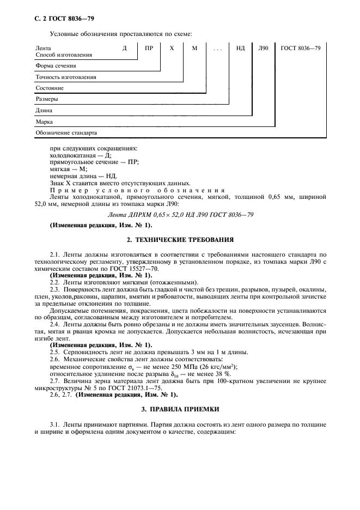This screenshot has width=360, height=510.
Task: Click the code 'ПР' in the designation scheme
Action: pyautogui.click(x=149, y=48)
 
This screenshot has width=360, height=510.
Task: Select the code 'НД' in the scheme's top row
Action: pyautogui.click(x=240, y=48)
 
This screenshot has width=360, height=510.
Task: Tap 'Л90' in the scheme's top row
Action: pyautogui.click(x=264, y=48)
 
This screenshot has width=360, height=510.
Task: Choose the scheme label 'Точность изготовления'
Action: pyautogui.click(x=66, y=77)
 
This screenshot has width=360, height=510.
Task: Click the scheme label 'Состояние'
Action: pyautogui.click(x=50, y=88)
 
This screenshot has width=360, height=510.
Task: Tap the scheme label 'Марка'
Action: pyautogui.click(x=44, y=122)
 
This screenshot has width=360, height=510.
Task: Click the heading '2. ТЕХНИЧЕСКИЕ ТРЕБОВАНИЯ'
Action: pyautogui.click(x=180, y=239)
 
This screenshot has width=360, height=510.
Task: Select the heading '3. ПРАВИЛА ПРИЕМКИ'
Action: pyautogui.click(x=180, y=406)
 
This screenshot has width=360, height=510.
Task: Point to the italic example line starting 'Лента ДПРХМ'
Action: pyautogui.click(x=180, y=214)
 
